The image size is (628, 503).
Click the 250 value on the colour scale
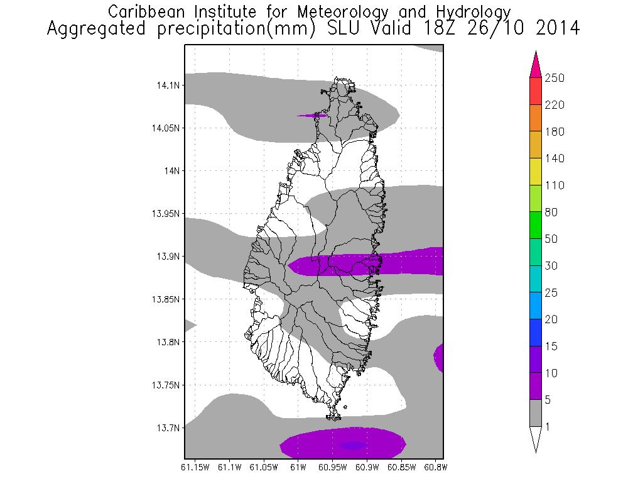pos(555,78)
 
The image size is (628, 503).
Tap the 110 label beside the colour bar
pos(555,185)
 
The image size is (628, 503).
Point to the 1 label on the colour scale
pos(548,427)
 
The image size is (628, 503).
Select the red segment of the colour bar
pos(536,91)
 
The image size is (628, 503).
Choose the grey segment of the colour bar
pos(536,413)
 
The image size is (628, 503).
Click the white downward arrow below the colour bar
pos(536,439)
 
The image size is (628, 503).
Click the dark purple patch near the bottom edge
pos(353,445)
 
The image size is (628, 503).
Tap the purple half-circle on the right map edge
pos(439,358)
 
